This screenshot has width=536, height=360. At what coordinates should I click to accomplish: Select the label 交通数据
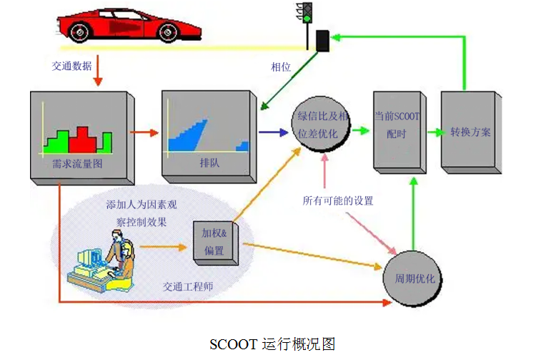click(x=71, y=65)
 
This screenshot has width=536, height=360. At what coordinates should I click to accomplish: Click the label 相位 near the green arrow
click(x=280, y=67)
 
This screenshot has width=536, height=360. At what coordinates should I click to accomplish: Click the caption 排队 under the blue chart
click(x=209, y=163)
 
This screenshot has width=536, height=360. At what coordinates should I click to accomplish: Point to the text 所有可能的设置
click(x=338, y=200)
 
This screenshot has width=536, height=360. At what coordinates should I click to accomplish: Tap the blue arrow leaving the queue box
click(x=272, y=132)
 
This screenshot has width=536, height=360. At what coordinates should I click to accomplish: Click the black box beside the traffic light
click(x=322, y=41)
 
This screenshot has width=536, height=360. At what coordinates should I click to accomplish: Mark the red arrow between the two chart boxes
click(x=144, y=132)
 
